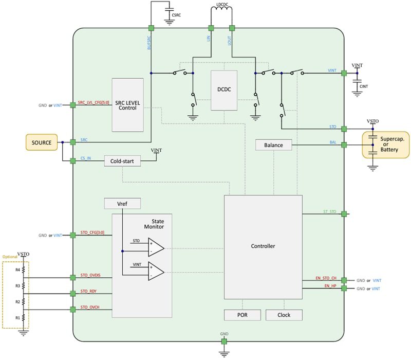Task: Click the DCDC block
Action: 223,89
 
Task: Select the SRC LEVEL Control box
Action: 127,105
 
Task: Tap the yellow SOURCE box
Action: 41,142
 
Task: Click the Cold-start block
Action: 122,161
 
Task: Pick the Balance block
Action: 273,145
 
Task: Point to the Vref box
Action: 122,204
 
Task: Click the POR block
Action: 242,315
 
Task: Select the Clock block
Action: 284,315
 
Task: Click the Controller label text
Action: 263,246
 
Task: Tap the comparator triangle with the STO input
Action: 156,247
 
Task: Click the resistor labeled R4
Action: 23,269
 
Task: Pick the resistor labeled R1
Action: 23,317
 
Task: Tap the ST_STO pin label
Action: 329,211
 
